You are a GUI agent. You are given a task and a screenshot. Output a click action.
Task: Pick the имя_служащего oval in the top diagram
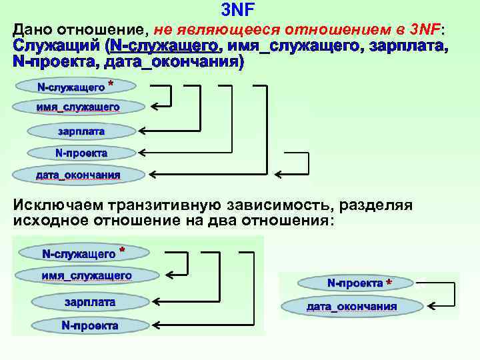click(78, 107)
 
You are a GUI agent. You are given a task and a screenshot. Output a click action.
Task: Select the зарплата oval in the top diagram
click(81, 131)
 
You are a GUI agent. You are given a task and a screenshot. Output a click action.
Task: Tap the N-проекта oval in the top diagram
click(81, 153)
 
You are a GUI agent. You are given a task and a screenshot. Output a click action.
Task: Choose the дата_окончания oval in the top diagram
click(78, 175)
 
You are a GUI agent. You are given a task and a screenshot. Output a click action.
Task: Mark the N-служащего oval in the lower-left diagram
click(79, 254)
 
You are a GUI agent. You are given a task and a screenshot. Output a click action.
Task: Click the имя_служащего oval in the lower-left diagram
click(87, 275)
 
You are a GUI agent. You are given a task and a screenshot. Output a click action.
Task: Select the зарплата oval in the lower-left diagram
click(90, 302)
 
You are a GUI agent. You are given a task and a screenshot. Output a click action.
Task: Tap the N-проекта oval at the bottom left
click(90, 326)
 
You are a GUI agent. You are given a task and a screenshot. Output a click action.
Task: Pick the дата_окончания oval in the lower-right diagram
click(351, 307)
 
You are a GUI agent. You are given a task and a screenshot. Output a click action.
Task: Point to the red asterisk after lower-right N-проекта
click(389, 283)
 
